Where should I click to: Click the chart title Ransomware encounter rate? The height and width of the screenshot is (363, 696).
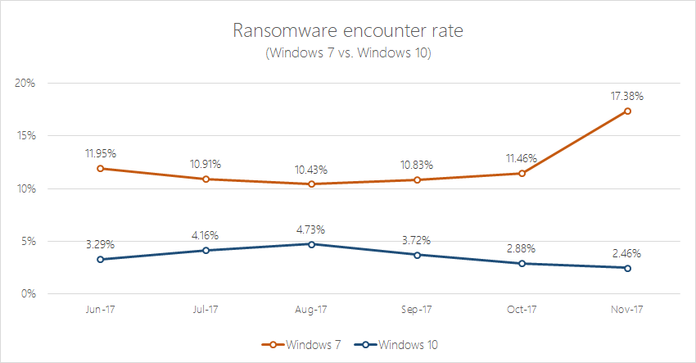[347, 32]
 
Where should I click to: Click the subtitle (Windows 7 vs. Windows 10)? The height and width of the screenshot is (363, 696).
[347, 53]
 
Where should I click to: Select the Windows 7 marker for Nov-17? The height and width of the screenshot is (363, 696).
[626, 111]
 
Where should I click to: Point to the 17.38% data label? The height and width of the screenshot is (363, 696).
[626, 96]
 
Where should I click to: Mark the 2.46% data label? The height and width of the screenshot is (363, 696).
[626, 253]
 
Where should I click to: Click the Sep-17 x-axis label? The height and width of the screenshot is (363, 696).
[417, 311]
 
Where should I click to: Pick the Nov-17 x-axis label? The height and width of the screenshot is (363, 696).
[626, 311]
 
